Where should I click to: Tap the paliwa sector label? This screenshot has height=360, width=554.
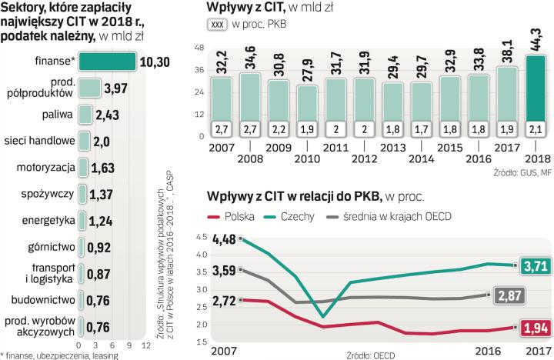[x=58, y=115]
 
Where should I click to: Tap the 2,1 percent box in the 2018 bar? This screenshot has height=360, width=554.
[x=536, y=127]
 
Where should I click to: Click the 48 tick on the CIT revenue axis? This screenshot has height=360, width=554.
[x=199, y=49]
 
